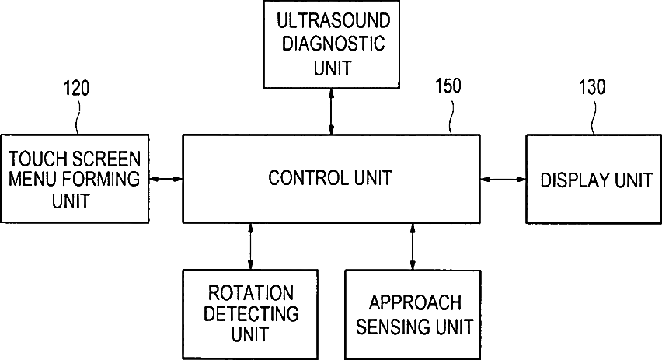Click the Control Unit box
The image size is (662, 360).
(331, 178)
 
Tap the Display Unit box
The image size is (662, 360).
(594, 180)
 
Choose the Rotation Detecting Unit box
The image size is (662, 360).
(250, 313)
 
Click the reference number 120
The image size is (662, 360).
(75, 88)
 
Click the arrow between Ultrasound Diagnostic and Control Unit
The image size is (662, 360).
(333, 111)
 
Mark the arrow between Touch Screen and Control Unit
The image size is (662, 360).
(165, 180)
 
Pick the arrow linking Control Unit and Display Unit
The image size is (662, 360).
(503, 180)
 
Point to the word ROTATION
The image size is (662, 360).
(250, 293)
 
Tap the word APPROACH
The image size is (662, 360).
(415, 302)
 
